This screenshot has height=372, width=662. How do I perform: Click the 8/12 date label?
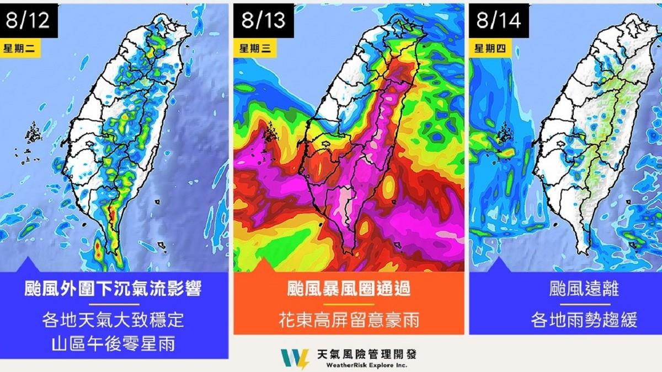point(29,20)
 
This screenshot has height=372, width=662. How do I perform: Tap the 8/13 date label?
point(264,20)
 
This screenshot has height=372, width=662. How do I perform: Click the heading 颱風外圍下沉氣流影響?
point(114,289)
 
